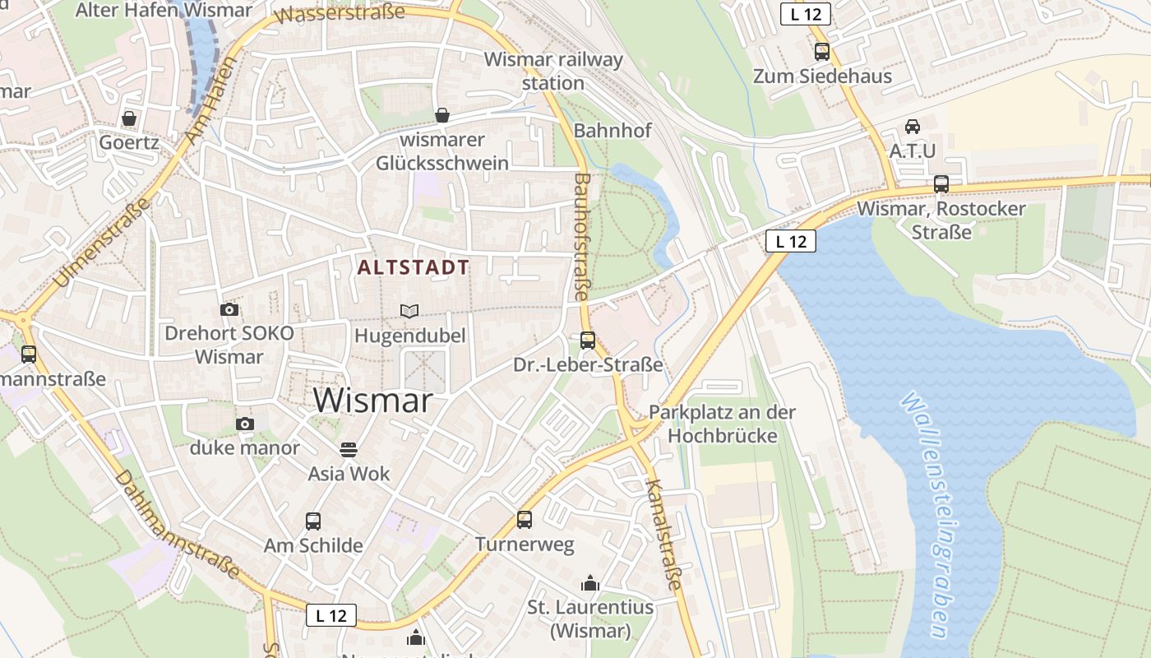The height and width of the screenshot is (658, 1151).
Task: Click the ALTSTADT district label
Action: click(414, 267)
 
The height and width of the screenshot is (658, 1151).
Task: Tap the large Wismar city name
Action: click(373, 401)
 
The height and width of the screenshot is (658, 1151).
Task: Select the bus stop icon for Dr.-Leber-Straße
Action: click(587, 340)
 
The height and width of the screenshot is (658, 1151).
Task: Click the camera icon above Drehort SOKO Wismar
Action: click(229, 309)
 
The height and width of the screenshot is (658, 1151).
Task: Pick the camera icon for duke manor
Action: click(244, 424)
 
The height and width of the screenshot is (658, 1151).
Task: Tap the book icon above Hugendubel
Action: click(409, 311)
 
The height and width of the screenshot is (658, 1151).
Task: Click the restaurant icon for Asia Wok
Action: click(349, 449)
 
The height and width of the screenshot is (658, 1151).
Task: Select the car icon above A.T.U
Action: click(912, 127)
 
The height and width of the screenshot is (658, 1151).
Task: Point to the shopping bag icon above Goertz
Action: click(129, 118)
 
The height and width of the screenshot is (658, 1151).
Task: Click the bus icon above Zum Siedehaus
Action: click(821, 52)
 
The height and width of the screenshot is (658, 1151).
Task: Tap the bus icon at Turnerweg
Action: click(525, 519)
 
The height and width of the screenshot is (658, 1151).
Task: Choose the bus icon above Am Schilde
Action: click(312, 521)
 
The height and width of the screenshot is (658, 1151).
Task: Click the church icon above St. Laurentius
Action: click(589, 583)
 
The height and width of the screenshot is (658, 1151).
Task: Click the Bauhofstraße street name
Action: click(581, 236)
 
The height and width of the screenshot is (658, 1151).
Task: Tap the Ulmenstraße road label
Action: click(103, 243)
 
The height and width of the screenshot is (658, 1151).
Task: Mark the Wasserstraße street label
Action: click(340, 14)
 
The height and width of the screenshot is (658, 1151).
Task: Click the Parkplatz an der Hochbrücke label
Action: click(722, 423)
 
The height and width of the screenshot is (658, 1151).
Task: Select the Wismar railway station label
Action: click(552, 71)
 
